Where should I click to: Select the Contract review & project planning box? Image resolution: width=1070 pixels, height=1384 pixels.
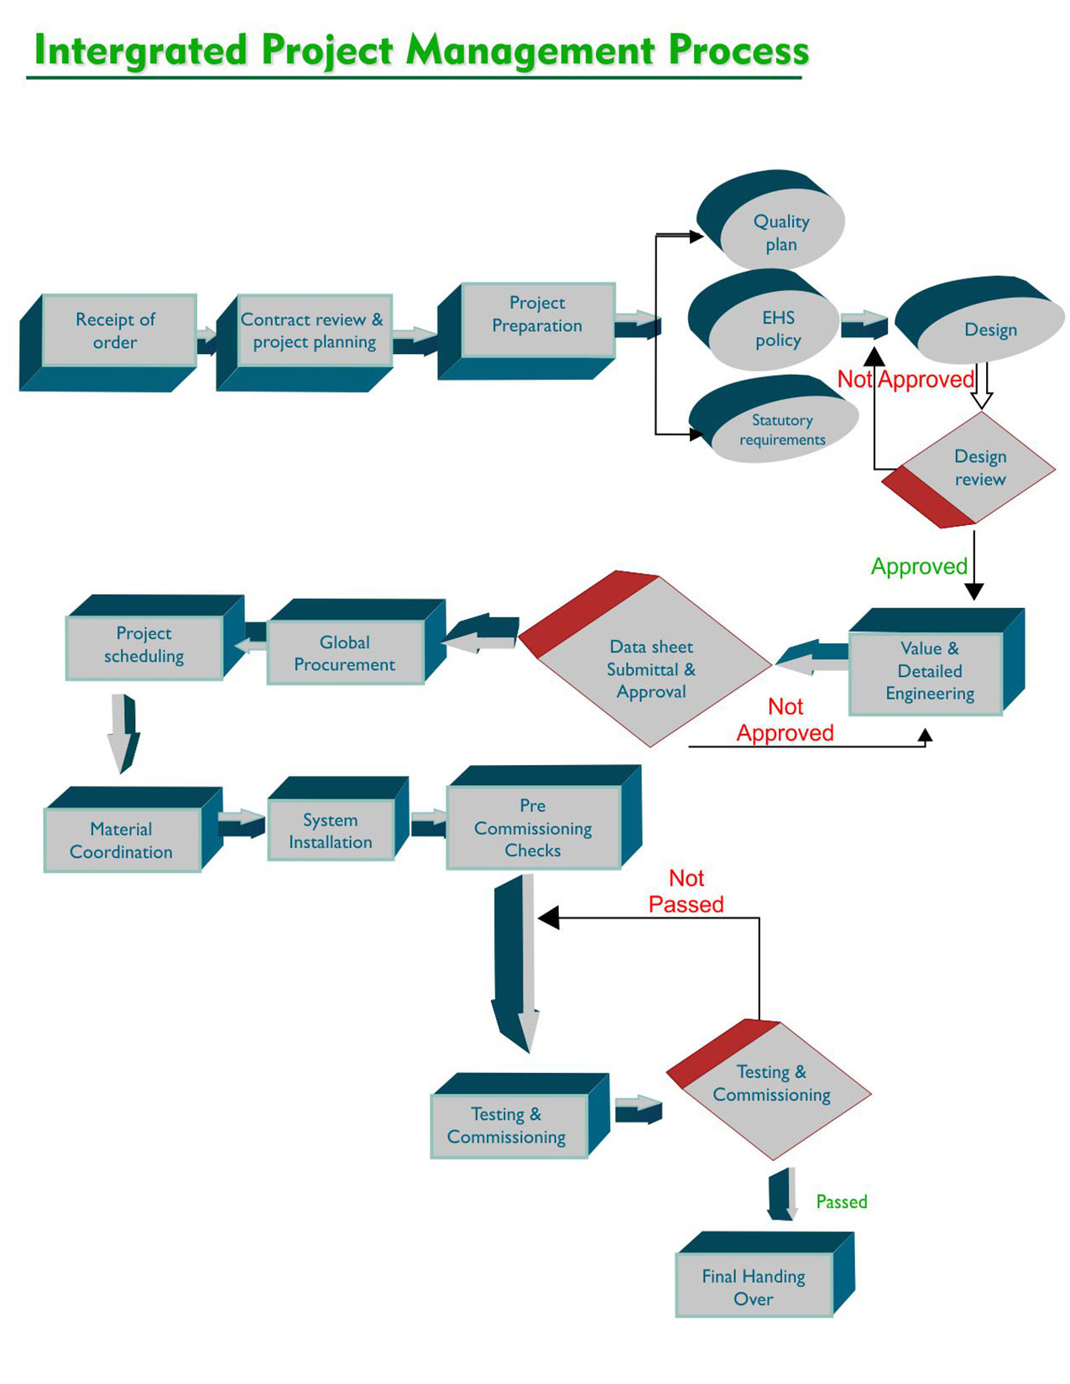(x=313, y=331)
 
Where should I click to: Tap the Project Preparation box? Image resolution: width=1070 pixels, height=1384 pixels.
(x=538, y=315)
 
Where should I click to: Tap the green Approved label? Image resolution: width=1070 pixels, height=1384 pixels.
(x=919, y=566)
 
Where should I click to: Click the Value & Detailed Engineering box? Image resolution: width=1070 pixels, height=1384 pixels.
(x=928, y=671)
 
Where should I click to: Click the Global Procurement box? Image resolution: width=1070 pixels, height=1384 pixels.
(x=345, y=653)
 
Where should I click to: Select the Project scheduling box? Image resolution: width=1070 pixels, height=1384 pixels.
(x=144, y=645)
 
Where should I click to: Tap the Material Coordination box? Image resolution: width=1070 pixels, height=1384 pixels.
(x=122, y=840)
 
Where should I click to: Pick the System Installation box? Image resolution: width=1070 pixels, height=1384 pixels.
(x=331, y=830)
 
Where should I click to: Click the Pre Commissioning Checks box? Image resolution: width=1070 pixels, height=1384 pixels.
(x=533, y=827)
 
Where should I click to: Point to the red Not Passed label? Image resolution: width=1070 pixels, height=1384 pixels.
(x=686, y=891)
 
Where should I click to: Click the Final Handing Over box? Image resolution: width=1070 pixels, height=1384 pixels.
(x=753, y=1287)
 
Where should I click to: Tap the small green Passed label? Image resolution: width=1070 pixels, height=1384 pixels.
(x=841, y=1201)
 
